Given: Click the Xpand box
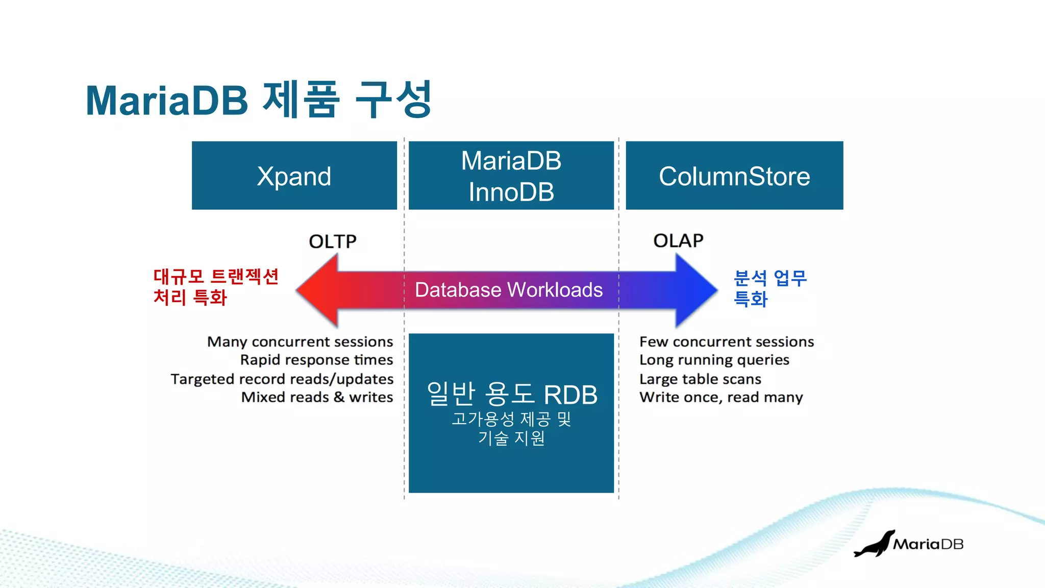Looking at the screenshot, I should point(294,176).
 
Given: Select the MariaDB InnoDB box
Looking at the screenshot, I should point(511,176).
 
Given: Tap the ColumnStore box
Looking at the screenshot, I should point(734,176).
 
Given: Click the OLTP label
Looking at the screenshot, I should point(333,241).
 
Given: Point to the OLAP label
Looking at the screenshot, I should point(678,240).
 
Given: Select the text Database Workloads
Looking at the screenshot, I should point(508,290).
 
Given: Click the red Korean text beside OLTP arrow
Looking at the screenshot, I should point(215,287).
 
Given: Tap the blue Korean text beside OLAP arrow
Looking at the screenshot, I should point(769,288).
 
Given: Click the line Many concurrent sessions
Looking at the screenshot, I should point(300,341).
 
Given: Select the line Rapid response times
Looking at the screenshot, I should point(316,360).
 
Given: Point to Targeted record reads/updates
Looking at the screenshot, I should point(282,379).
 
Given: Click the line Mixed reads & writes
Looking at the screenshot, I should point(317,397).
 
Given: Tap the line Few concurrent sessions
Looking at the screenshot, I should point(727,341).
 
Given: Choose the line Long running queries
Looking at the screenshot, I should point(714,360).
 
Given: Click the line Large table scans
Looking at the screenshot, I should point(700,379).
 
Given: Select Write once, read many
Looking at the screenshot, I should point(721,397).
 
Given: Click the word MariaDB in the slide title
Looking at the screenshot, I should point(167,101).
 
